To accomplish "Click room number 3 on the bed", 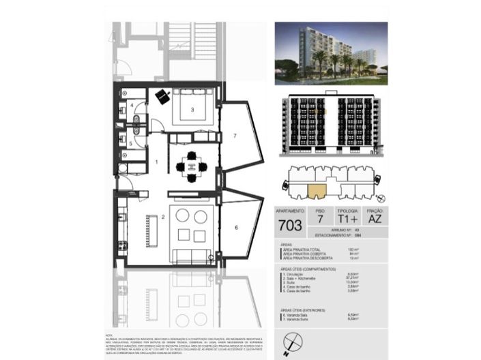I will point(193,109).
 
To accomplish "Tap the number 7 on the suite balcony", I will point(233,136).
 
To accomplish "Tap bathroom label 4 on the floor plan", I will point(132,106).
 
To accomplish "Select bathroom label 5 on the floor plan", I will point(131,142).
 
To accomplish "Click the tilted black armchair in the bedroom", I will point(162,97).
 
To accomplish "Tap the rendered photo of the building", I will point(330,54).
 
